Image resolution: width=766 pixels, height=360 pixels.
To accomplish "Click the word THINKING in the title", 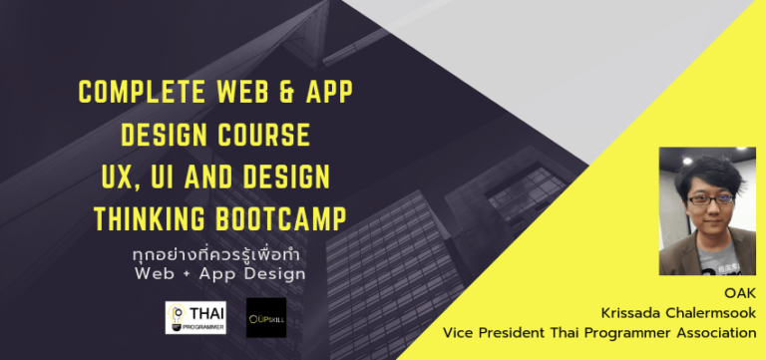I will click(x=150, y=217).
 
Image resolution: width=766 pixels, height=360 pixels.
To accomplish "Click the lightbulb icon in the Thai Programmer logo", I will click(x=177, y=316).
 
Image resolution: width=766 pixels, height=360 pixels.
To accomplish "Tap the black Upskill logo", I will click(x=265, y=316).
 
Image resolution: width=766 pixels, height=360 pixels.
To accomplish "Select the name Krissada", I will click(x=648, y=313).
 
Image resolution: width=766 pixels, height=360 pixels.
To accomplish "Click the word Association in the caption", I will click(x=713, y=333).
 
